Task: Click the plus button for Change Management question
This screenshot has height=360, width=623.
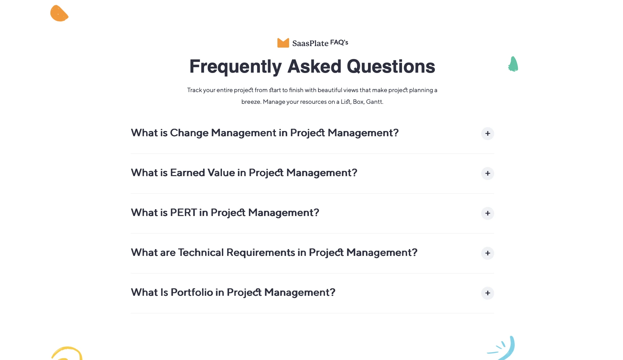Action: (487, 133)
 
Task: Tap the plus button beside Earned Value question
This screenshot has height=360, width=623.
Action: (487, 173)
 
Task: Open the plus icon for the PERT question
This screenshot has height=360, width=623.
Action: (487, 213)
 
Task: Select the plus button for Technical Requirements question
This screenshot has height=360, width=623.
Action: (487, 253)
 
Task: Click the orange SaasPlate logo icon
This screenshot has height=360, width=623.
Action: (283, 43)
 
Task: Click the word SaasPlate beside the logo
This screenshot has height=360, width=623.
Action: (310, 43)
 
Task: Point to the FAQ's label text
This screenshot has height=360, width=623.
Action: (339, 42)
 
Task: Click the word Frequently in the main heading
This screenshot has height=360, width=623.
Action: (236, 67)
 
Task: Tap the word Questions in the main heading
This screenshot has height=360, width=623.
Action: (391, 66)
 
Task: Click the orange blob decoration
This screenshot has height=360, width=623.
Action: (59, 13)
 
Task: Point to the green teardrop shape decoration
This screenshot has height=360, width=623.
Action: (513, 64)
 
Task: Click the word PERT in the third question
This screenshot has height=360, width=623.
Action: (183, 212)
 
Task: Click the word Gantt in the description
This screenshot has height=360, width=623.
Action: (374, 102)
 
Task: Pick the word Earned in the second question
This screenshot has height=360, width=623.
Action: (188, 173)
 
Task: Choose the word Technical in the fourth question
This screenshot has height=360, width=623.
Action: (201, 252)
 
